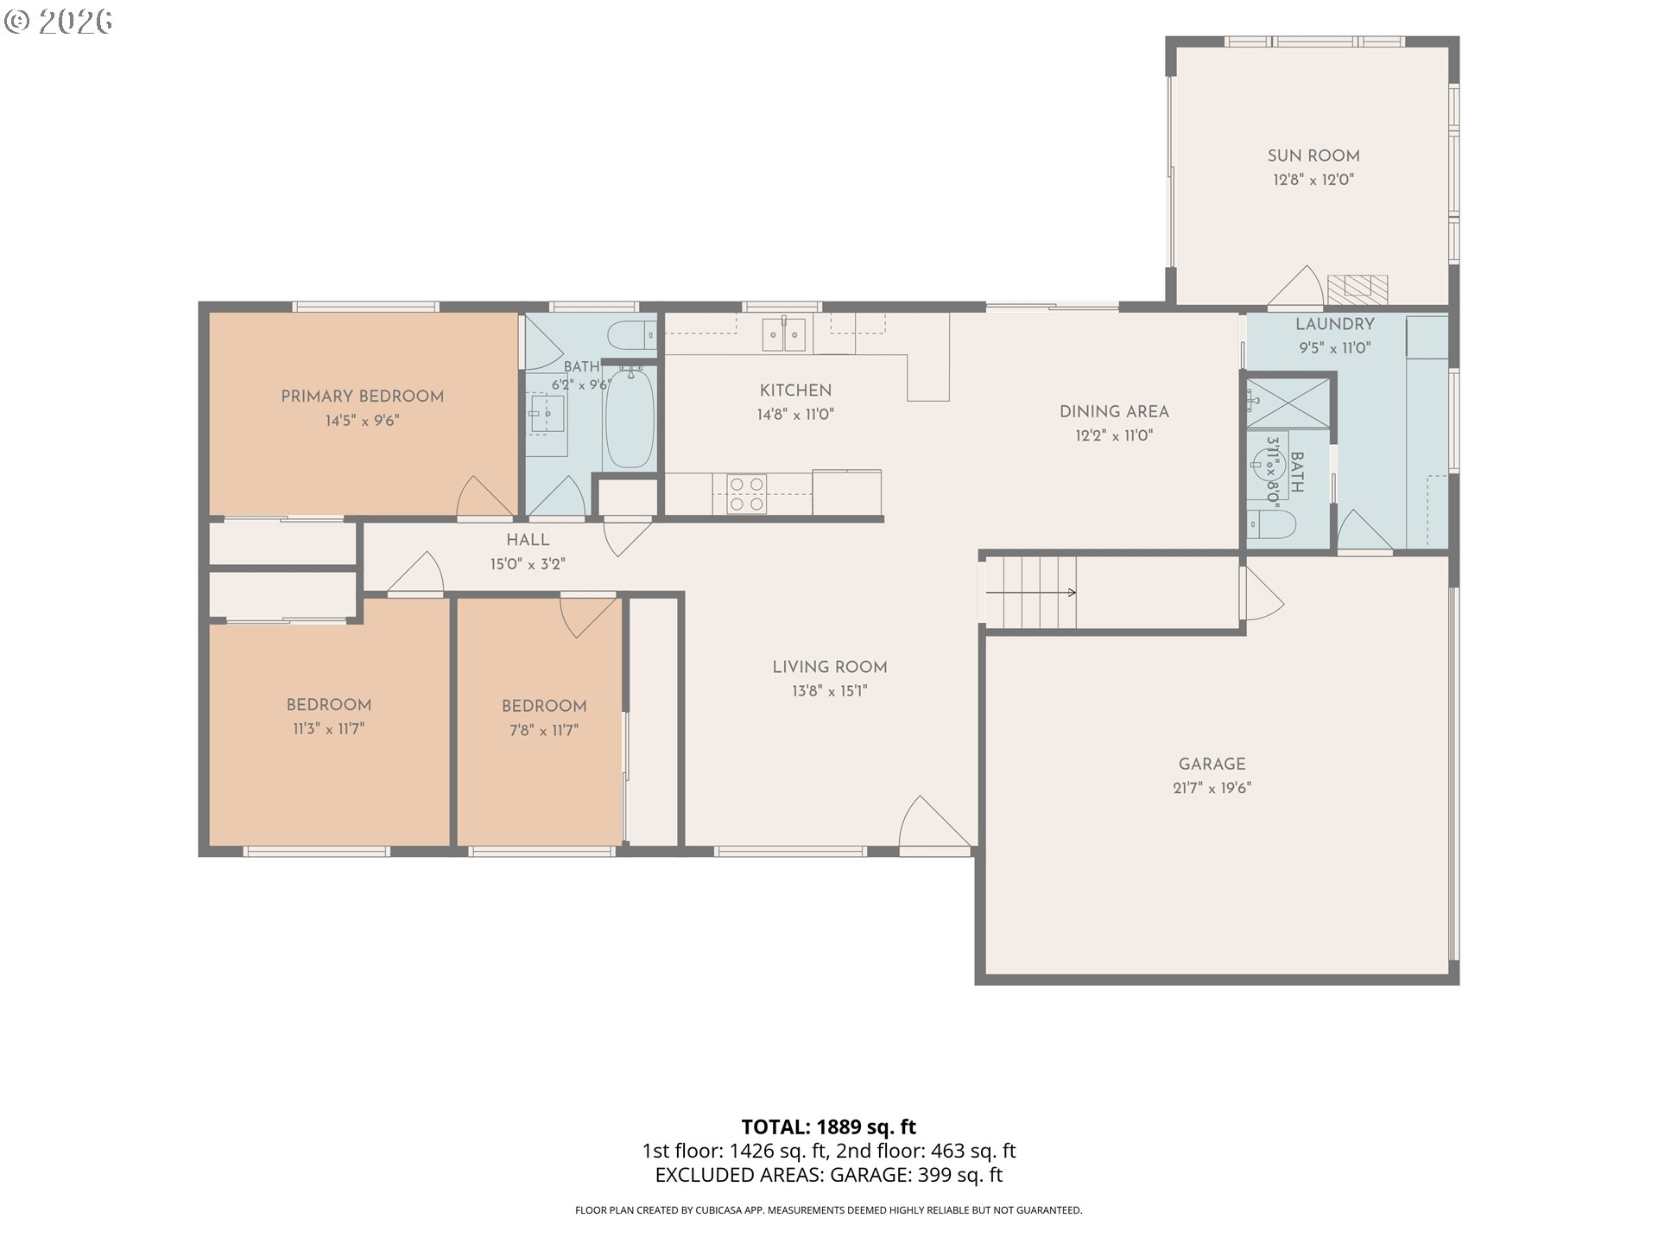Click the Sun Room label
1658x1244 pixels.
(1313, 155)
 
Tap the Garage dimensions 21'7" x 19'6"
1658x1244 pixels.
(1212, 788)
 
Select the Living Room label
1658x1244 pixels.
(830, 667)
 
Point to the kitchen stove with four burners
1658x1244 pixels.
(746, 494)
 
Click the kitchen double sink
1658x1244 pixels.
(784, 334)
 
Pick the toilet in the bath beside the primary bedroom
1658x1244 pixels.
(631, 333)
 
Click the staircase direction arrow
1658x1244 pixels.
(1030, 593)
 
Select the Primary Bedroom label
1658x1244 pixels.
(363, 397)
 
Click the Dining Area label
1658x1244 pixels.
(1114, 412)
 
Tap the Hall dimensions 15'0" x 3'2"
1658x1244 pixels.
(528, 564)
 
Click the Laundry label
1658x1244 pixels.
(1334, 324)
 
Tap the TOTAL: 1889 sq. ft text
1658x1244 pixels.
(829, 1127)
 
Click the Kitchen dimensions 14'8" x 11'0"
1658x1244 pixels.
(795, 415)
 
